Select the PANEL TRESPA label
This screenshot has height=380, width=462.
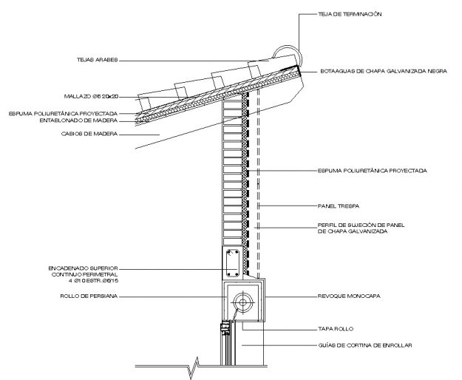point(339,205)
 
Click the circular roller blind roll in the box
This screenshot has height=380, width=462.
point(241,302)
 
